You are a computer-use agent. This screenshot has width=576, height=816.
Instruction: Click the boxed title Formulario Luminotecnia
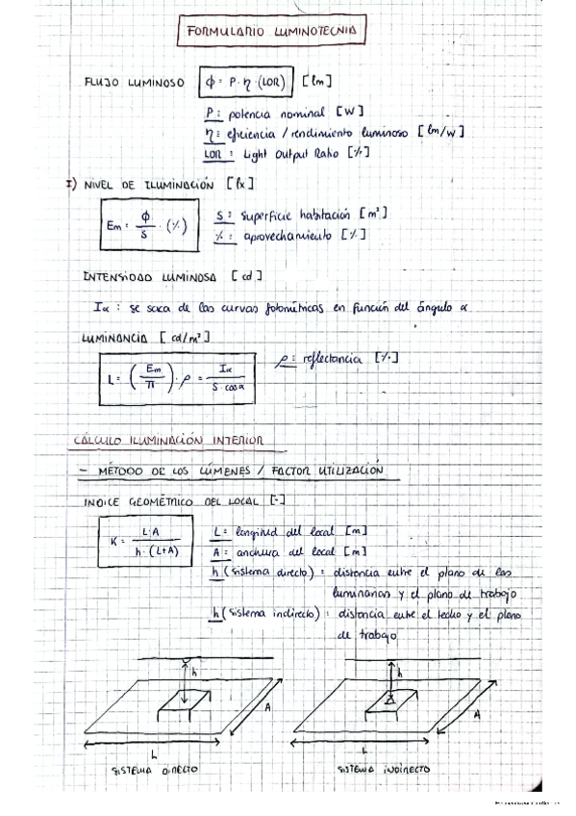coord(271,31)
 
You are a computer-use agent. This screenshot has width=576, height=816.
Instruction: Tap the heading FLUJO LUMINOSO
coord(135,84)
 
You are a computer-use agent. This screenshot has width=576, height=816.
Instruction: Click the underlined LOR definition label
coord(213,153)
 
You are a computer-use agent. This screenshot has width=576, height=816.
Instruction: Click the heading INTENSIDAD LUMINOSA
coord(153,276)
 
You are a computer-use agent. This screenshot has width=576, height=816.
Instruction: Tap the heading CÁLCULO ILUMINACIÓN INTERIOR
coord(167,441)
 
